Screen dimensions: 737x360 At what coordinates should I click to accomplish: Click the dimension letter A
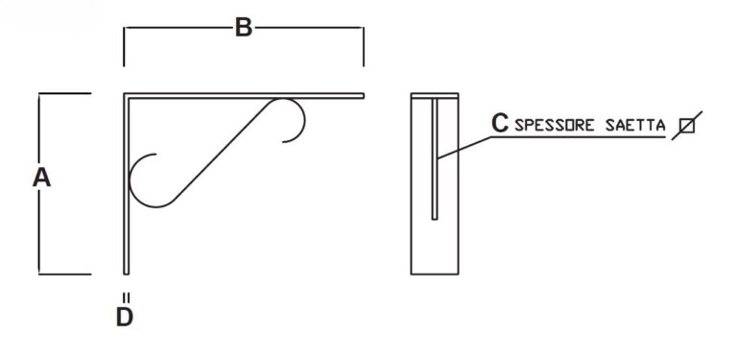41,179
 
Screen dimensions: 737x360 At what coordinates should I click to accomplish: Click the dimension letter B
244,28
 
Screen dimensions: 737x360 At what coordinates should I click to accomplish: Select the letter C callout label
500,123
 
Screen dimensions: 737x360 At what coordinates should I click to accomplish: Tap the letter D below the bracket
125,317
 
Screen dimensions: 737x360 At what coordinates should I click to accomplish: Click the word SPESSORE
556,126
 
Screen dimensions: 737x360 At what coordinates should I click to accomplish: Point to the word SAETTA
635,126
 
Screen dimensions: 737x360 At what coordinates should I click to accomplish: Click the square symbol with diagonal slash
687,126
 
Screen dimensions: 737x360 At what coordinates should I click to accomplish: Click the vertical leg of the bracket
126,183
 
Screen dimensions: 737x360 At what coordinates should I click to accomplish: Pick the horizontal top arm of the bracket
244,96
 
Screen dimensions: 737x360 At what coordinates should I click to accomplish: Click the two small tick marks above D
126,298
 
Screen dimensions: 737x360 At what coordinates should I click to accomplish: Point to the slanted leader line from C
464,148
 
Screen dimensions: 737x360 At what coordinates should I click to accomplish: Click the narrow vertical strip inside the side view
435,158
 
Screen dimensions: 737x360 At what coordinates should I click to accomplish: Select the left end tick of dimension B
124,46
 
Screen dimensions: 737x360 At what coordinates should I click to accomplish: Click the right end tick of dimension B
364,46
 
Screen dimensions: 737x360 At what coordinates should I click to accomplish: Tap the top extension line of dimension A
65,93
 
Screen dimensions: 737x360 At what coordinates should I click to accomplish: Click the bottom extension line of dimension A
65,274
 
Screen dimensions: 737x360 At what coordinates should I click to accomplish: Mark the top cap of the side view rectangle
435,95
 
